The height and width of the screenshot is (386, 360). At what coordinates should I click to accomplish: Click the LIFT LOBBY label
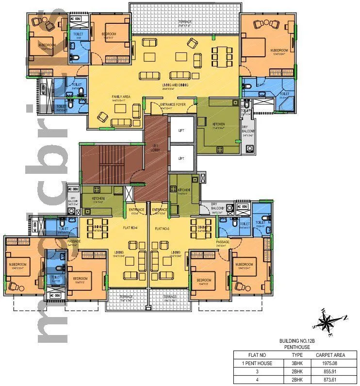pos(156,148)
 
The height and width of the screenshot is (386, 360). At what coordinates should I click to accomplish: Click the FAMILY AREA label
pos(121,97)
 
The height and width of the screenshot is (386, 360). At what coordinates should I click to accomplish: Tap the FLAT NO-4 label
pos(131,228)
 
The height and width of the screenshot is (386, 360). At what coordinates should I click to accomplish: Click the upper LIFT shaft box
pos(180,131)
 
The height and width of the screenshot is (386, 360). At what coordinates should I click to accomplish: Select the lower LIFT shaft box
pos(180,159)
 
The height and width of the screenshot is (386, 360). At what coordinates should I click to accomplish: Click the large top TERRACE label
pos(184,22)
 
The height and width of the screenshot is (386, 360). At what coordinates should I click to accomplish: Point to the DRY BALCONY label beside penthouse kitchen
pos(247,132)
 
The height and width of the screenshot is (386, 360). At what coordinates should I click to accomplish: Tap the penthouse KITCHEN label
pos(218,124)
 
